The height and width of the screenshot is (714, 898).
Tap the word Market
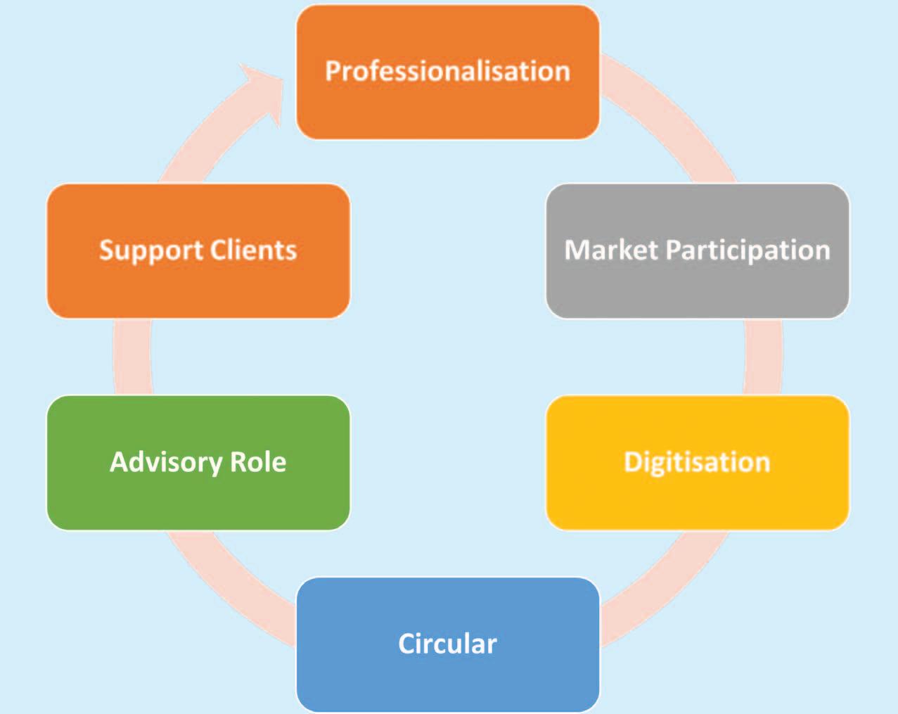point(610,250)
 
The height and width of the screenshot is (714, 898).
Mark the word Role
point(258,462)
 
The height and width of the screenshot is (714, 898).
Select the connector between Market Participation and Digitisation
point(763,357)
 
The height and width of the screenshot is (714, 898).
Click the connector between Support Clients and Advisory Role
point(132,357)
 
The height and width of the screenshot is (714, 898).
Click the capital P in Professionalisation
point(333,71)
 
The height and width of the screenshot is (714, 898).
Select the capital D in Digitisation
point(633,462)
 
